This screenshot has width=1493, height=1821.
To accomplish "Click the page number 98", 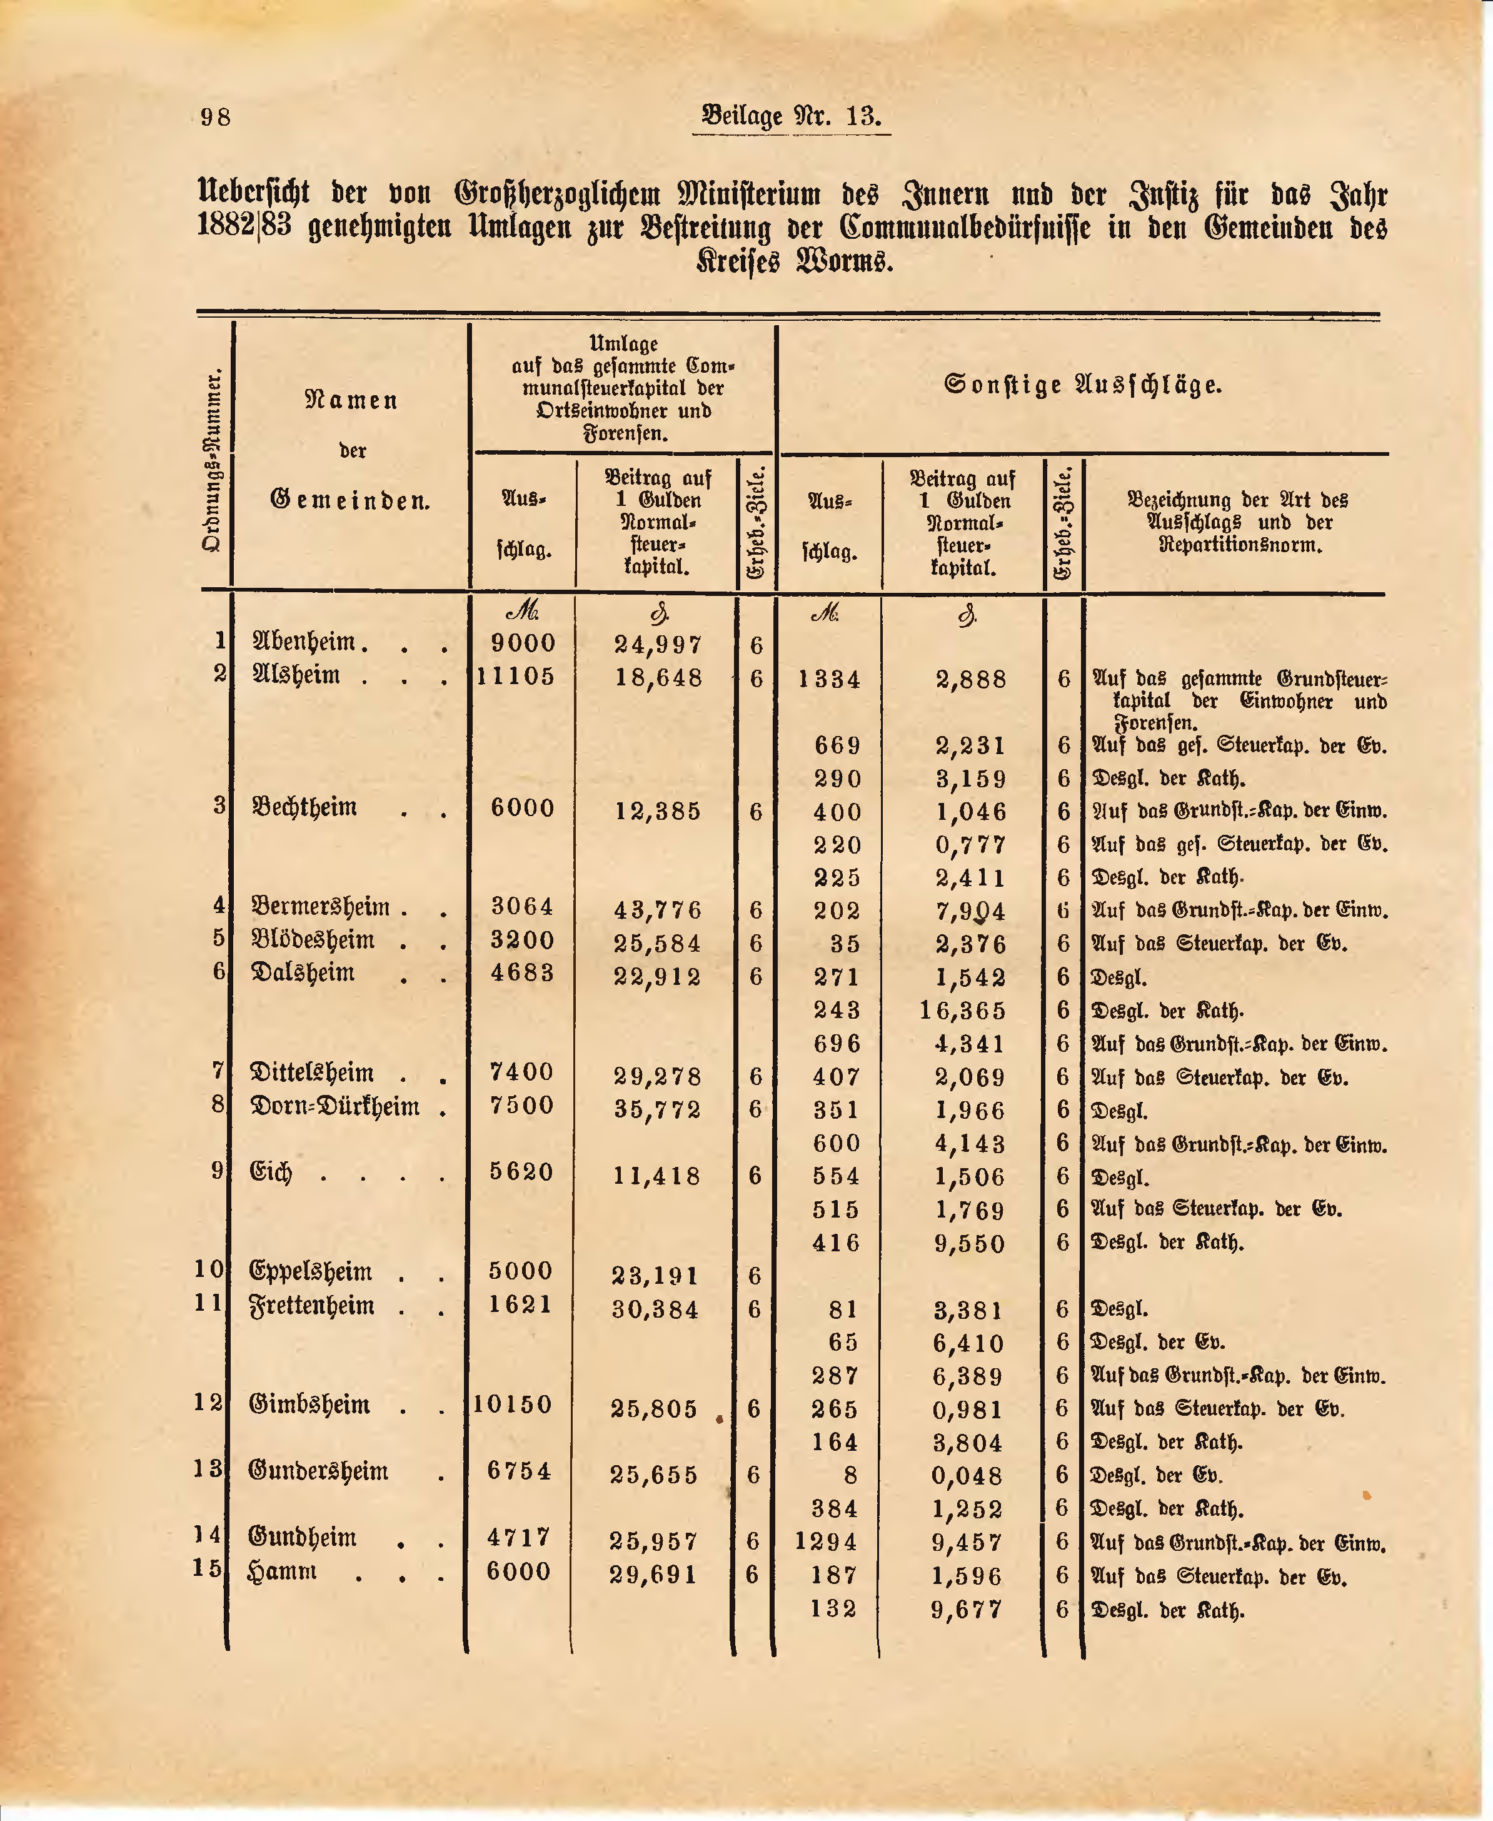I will click(216, 116).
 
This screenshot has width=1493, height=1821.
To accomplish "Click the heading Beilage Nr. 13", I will click(792, 115).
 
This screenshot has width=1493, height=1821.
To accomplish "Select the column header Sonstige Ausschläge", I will click(1083, 385).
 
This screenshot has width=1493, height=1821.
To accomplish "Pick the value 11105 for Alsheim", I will click(516, 676).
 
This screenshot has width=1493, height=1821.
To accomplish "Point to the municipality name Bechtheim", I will click(304, 808).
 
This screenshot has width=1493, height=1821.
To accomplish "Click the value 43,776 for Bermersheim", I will click(658, 909).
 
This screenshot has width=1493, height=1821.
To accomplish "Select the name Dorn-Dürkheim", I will click(334, 1106).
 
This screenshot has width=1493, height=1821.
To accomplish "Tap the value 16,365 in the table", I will click(962, 1010).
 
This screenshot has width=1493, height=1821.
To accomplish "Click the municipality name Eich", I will click(271, 1173).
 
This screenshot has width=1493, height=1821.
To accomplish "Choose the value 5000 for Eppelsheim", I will click(521, 1271).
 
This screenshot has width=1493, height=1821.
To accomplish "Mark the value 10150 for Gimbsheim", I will click(513, 1405).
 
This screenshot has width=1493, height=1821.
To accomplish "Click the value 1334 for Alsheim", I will click(829, 680).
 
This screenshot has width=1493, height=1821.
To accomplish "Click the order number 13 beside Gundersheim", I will click(208, 1470).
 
